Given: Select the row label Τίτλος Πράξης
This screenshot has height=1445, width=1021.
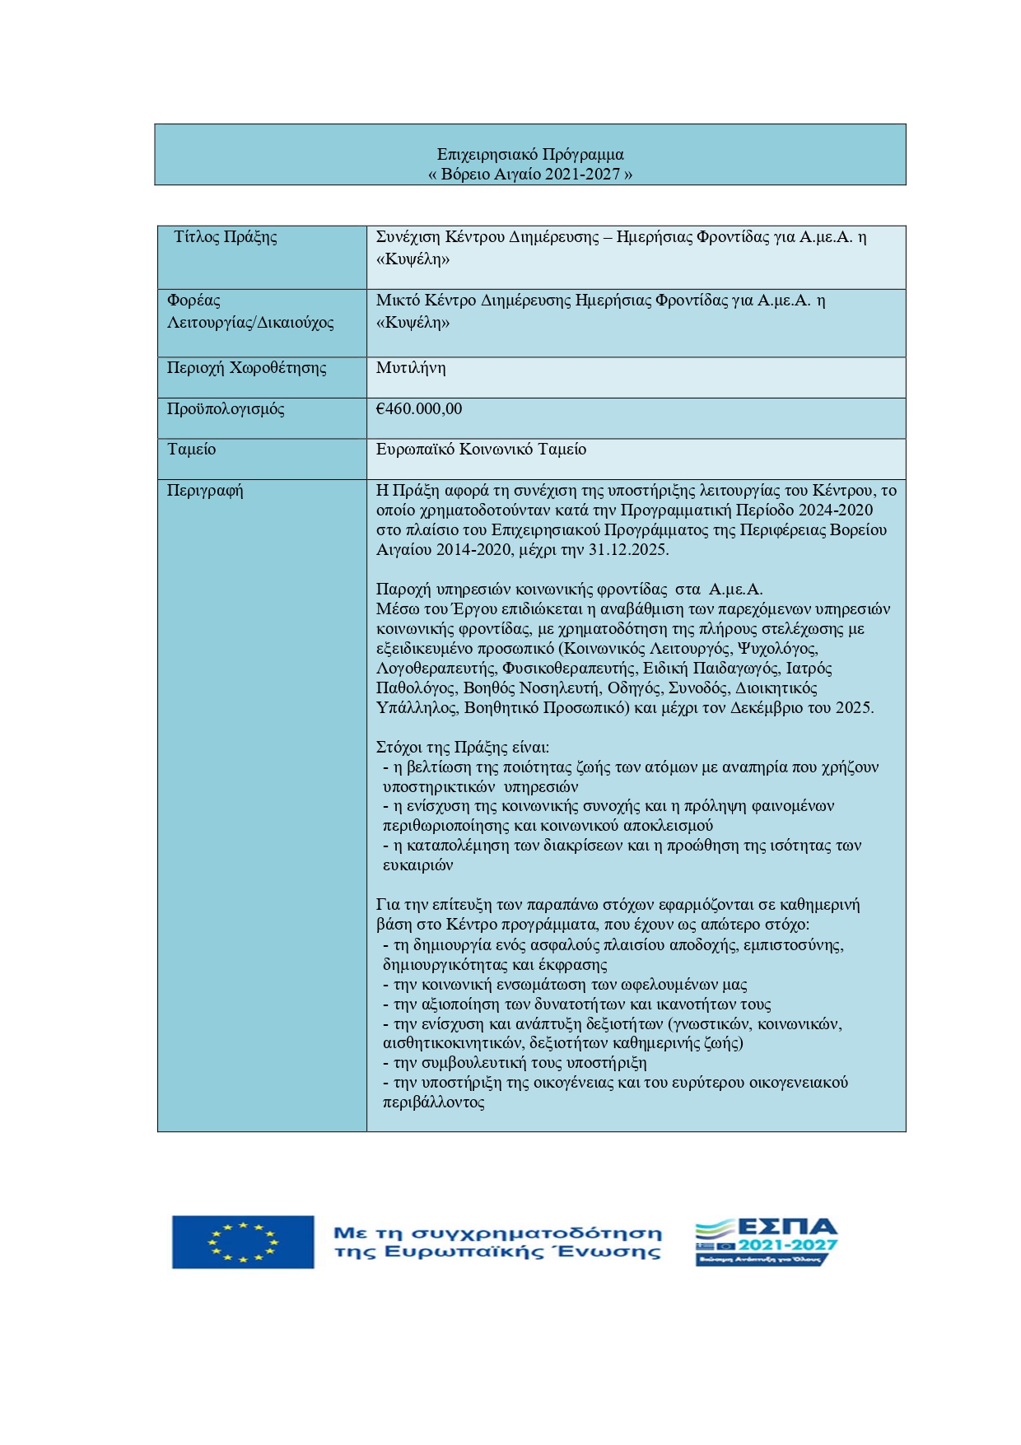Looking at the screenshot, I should point(226,237).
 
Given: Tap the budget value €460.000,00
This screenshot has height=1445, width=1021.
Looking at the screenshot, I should point(419,409).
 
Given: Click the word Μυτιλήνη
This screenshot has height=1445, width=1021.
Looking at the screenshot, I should point(411,368).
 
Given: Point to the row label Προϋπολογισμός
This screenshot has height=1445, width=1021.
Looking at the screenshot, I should point(226,409).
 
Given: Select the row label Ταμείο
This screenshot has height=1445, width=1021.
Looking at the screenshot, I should point(192,450).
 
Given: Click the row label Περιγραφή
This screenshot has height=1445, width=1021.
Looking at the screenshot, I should point(205,491).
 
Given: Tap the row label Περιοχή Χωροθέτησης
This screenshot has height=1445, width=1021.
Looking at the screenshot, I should point(246,368).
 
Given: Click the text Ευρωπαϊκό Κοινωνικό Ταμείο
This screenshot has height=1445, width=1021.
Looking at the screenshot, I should point(481,450).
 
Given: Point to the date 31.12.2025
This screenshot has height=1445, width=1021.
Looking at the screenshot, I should point(627,550).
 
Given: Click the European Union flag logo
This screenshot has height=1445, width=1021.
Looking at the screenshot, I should point(243,1242).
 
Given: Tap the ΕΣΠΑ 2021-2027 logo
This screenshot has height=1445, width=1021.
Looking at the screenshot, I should point(766,1242).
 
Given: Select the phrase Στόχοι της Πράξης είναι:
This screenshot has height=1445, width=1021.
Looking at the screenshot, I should point(463,748).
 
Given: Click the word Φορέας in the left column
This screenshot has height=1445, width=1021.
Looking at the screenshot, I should point(193,301).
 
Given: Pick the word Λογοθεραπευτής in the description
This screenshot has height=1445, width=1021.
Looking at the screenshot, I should point(435,669).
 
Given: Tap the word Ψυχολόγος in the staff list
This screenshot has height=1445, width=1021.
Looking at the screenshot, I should point(776,649).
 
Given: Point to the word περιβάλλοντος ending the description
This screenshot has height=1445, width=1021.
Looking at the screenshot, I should point(434,1102).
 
